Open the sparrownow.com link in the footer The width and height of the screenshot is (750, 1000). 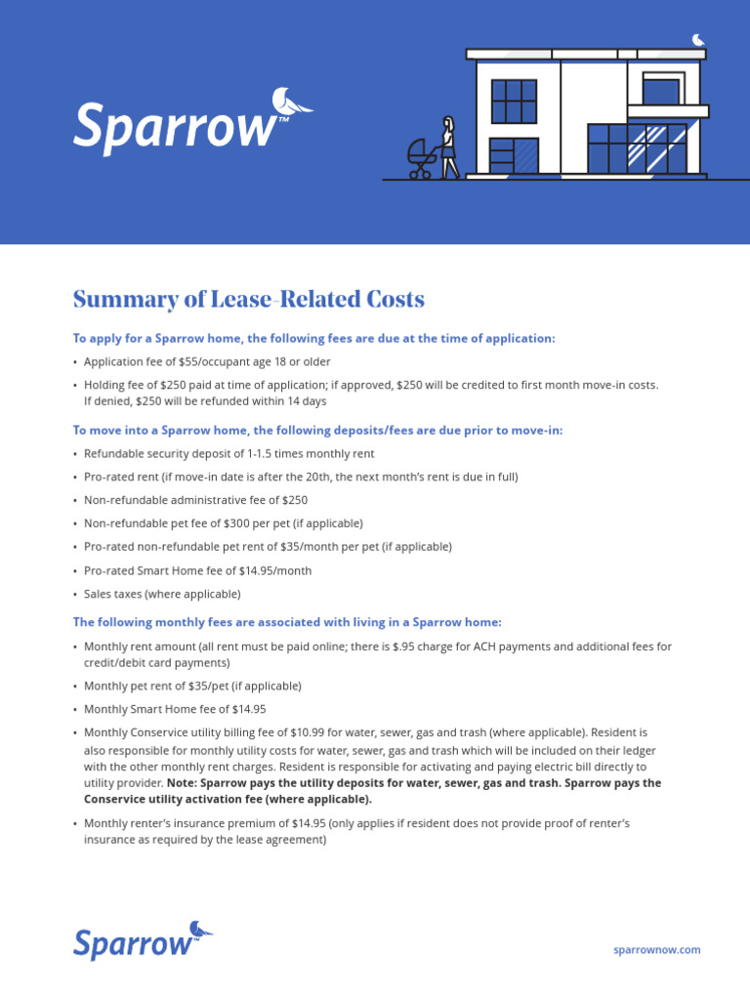click(656, 949)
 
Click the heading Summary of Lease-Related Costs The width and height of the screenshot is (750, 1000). click(249, 300)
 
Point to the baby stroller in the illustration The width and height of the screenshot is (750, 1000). click(423, 159)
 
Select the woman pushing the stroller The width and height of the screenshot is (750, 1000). click(449, 147)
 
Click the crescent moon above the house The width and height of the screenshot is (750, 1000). click(698, 39)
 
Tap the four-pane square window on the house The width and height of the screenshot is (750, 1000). click(514, 102)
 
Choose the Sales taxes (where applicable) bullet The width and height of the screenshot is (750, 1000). click(162, 594)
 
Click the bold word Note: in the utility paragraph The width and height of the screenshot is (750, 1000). click(183, 783)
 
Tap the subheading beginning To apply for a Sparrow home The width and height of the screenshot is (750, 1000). click(313, 338)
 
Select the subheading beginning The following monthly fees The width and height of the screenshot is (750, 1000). click(287, 622)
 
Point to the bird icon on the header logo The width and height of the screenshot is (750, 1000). click(292, 101)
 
